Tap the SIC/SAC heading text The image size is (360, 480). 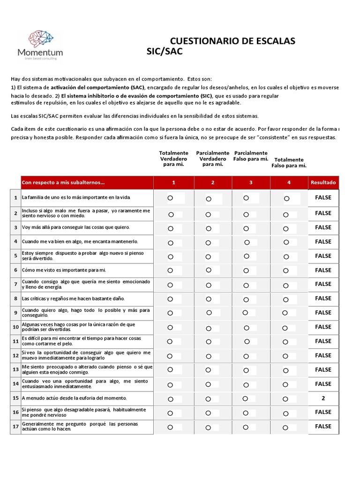click(x=165, y=52)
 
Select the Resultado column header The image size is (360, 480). click(x=323, y=182)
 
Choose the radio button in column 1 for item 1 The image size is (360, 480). click(x=171, y=198)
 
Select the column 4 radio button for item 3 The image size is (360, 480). click(x=286, y=228)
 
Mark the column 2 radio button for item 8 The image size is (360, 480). click(x=209, y=299)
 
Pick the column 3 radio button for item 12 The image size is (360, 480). click(x=246, y=356)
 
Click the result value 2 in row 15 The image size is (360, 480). click(x=323, y=398)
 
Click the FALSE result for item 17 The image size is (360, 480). click(x=323, y=427)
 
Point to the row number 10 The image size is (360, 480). click(x=15, y=327)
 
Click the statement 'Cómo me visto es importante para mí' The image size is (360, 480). click(x=64, y=270)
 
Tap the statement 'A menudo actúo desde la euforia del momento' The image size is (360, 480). click(x=75, y=398)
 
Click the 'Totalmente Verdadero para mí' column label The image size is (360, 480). click(x=173, y=159)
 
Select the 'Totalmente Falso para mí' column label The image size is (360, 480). click(x=289, y=163)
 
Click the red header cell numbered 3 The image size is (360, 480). click(x=250, y=182)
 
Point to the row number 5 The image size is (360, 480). click(x=15, y=256)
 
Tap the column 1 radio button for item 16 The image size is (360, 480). click(x=170, y=412)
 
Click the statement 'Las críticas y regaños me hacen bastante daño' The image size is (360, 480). click(x=73, y=299)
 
